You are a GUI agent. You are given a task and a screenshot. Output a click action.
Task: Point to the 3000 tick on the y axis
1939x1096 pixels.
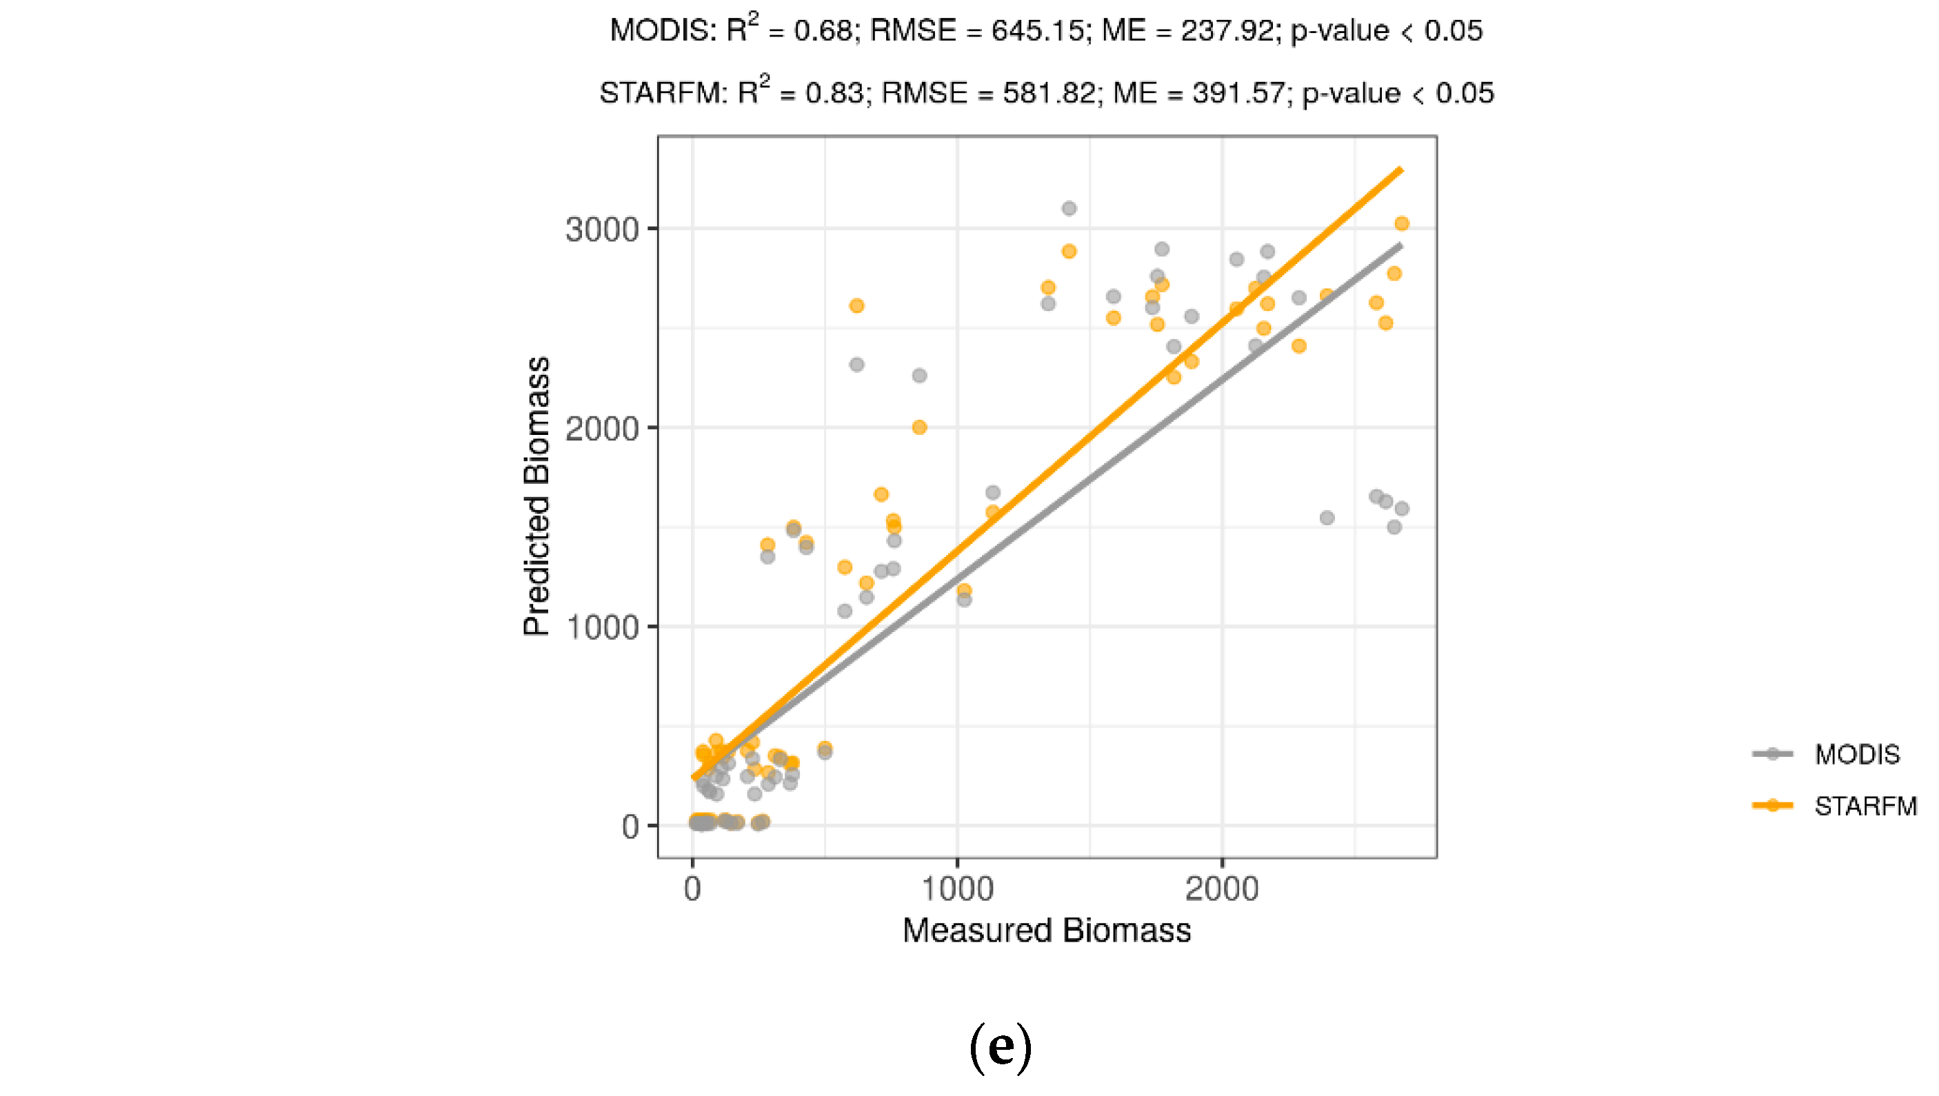coord(602,230)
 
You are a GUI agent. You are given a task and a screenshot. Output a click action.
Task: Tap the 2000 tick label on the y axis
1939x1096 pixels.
coord(602,429)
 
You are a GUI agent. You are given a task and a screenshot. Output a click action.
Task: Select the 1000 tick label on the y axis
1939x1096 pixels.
coord(602,628)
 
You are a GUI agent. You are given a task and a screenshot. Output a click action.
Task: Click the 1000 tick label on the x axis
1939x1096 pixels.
coord(957,890)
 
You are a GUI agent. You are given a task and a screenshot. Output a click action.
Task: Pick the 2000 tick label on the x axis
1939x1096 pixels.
coord(1221,890)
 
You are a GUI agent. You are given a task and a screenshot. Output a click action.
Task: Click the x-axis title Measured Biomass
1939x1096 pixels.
coord(1047,931)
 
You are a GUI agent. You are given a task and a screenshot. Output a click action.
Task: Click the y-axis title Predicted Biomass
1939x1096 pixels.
coord(537,497)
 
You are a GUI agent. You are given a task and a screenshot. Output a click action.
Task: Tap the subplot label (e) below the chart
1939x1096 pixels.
coord(1000,1047)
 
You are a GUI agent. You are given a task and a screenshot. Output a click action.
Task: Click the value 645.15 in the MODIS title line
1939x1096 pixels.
coord(1037,31)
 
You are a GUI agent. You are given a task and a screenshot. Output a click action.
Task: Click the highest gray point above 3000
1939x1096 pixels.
coord(1069,208)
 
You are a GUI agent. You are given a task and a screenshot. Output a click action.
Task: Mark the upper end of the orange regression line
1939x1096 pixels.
coord(1400,170)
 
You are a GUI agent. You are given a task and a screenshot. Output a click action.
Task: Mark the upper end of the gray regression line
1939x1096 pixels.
coord(1400,245)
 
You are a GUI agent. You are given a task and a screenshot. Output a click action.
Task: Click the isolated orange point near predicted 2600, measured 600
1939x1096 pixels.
coord(856,305)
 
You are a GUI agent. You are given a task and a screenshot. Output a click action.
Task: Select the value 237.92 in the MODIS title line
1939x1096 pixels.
coord(1227,31)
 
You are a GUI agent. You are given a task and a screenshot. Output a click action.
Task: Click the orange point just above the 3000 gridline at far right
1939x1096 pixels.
coord(1401,223)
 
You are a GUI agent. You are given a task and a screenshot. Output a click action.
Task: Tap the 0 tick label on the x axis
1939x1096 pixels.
coord(692,890)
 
